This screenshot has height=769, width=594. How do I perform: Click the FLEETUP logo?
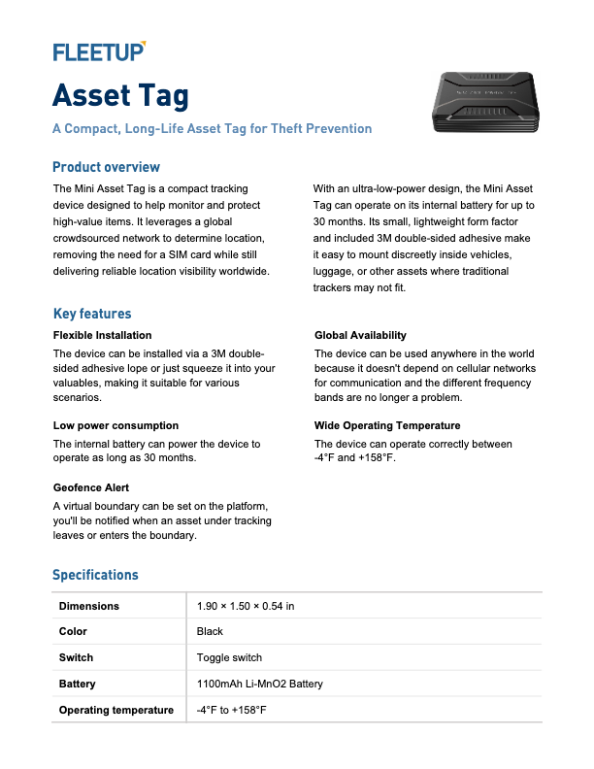tap(99, 51)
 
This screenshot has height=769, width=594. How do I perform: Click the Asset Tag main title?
tap(120, 95)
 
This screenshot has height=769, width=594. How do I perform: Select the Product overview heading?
tap(106, 167)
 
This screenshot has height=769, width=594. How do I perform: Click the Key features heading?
tap(92, 314)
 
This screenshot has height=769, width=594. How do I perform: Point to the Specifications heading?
tap(95, 575)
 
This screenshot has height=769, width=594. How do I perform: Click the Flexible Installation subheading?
tap(102, 335)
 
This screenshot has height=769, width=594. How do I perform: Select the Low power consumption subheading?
tap(115, 425)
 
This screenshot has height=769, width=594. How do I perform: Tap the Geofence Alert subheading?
tap(91, 487)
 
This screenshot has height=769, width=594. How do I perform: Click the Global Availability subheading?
tap(360, 335)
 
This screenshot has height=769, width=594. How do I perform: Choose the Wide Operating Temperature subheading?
tap(387, 425)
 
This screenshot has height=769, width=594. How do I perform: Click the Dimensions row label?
tap(89, 606)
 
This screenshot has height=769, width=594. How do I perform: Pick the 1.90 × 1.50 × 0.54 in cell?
tap(245, 606)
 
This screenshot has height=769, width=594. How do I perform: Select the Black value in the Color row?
tap(210, 631)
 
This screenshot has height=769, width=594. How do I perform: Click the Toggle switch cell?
tap(229, 657)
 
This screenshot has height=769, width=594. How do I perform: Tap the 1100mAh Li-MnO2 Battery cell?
tap(259, 684)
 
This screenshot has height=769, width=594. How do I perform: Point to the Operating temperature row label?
tap(115, 710)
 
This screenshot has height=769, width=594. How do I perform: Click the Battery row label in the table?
tap(77, 684)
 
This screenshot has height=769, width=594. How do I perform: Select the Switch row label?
tap(76, 657)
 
